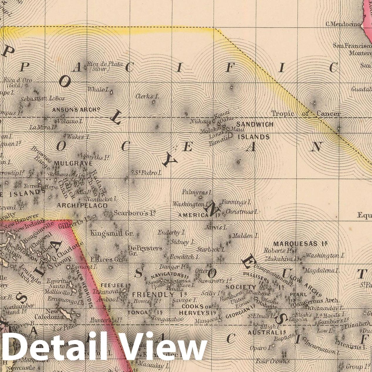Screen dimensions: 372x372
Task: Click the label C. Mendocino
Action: pyautogui.click(x=342, y=24)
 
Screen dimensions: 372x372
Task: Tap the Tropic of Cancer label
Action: pyautogui.click(x=306, y=114)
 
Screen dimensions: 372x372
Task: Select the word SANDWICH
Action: pyautogui.click(x=255, y=124)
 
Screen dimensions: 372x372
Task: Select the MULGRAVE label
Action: pyautogui.click(x=70, y=163)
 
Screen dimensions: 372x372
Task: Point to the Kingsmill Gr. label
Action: pyautogui.click(x=112, y=234)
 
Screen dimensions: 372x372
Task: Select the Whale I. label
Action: pyautogui.click(x=98, y=89)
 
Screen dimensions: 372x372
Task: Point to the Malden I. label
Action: pyautogui.click(x=245, y=236)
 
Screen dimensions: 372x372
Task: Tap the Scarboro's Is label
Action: pyautogui.click(x=135, y=213)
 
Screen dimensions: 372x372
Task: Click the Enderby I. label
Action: pyautogui.click(x=172, y=233)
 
